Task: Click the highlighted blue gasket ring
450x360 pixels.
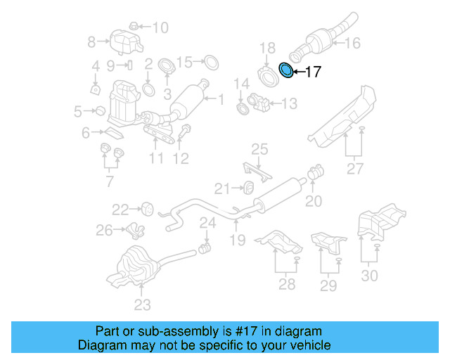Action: point(286,70)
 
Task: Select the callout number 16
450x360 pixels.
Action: point(352,44)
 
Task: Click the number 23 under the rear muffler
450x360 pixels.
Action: point(142,305)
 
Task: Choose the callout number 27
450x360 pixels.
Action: point(354,169)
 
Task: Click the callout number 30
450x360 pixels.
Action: point(369,276)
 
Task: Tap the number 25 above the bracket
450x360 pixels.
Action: point(259,149)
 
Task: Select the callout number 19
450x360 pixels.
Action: point(237,240)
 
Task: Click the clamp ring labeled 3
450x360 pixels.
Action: point(167,68)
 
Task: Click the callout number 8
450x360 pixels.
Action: point(91,42)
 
